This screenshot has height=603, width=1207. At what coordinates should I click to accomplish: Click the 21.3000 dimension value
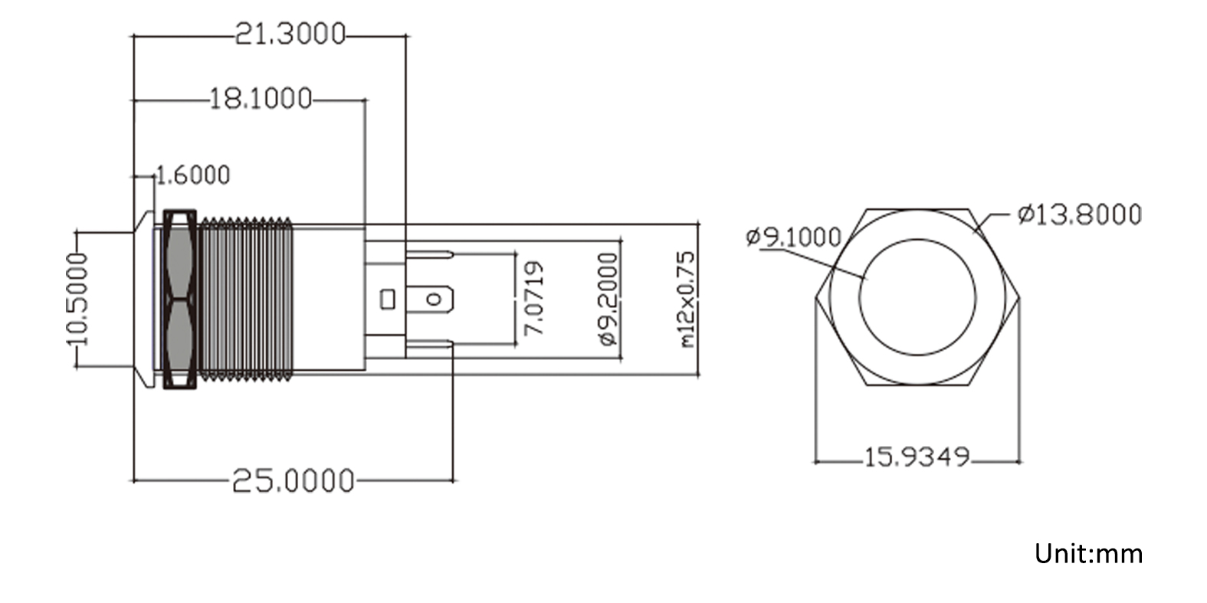coord(290,34)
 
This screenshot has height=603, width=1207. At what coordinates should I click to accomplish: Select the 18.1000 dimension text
coord(261,99)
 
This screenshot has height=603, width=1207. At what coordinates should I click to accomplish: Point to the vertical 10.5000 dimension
coord(77,299)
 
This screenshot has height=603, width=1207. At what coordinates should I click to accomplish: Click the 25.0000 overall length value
coord(293,481)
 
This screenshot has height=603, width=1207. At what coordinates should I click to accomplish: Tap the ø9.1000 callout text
coord(793,237)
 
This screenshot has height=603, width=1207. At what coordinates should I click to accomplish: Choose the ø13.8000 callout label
coord(1079,215)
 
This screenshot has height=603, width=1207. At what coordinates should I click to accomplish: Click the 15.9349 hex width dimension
coord(917,457)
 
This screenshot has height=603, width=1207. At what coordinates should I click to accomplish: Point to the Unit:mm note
coord(1088,553)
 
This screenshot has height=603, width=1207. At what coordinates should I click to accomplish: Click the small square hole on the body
coord(388,298)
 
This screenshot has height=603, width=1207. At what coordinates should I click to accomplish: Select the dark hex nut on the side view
coord(180,299)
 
